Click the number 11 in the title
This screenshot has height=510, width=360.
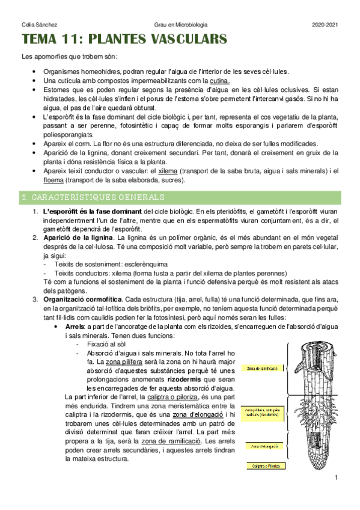tap(73, 40)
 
